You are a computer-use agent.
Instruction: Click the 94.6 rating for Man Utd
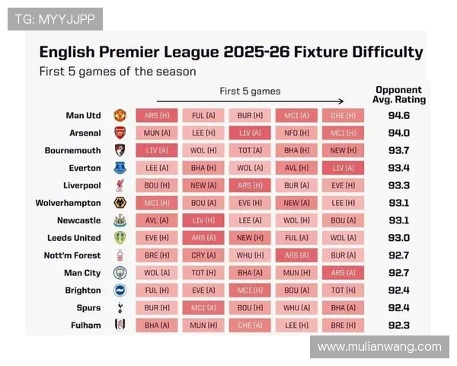398,116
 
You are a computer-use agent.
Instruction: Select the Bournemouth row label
72,151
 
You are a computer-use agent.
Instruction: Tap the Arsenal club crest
119,133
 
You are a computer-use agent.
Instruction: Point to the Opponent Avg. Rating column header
399,95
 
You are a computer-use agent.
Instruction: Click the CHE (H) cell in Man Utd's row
343,116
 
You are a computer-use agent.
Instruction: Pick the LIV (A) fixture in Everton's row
343,168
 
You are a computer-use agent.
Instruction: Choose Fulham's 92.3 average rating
398,326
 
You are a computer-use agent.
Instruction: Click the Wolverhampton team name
68,203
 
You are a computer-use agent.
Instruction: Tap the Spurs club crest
119,308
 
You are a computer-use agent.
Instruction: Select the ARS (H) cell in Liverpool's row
251,185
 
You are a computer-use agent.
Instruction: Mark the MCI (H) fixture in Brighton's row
251,291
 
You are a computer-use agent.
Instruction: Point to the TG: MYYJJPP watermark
55,19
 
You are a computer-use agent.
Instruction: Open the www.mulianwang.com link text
379,347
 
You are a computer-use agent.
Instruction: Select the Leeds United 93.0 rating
398,238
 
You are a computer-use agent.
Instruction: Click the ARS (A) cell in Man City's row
343,273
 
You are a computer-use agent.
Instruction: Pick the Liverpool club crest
119,185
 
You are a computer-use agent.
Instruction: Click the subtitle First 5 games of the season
117,72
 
